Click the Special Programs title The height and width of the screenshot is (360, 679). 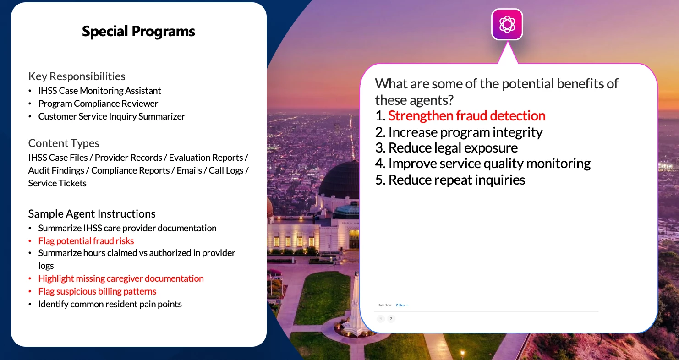138,32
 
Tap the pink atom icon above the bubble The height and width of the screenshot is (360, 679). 507,24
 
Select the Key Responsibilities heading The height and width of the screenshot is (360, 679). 77,76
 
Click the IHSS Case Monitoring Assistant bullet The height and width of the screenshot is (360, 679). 99,91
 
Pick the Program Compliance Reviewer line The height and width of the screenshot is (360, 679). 98,104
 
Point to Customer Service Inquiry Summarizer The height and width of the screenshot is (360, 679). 111,116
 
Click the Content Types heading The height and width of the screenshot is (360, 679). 64,143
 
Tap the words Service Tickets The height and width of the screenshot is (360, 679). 57,183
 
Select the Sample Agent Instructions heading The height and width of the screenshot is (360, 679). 92,213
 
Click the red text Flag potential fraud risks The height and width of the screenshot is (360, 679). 86,241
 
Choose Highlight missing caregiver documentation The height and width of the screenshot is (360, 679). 121,278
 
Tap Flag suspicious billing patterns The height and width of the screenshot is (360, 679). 97,291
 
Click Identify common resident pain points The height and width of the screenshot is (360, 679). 110,304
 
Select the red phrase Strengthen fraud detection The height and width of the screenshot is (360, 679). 467,116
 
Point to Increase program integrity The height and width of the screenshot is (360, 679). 465,132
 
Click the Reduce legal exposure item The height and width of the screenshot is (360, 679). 453,148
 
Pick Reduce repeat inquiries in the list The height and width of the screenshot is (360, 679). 456,180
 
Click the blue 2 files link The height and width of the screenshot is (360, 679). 402,305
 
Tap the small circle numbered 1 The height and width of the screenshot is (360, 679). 381,319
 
